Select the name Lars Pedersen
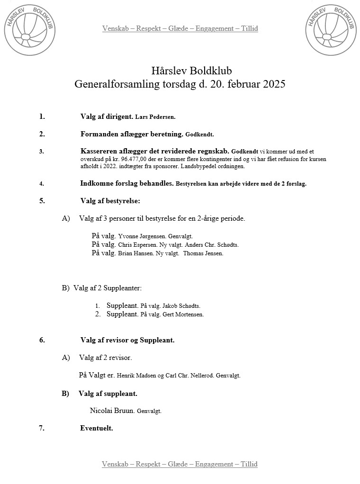click(x=155, y=117)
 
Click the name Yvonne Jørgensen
click(x=142, y=236)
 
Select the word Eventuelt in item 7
click(x=96, y=428)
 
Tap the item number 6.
click(x=42, y=340)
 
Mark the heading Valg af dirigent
click(x=107, y=117)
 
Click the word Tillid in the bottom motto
click(x=249, y=464)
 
